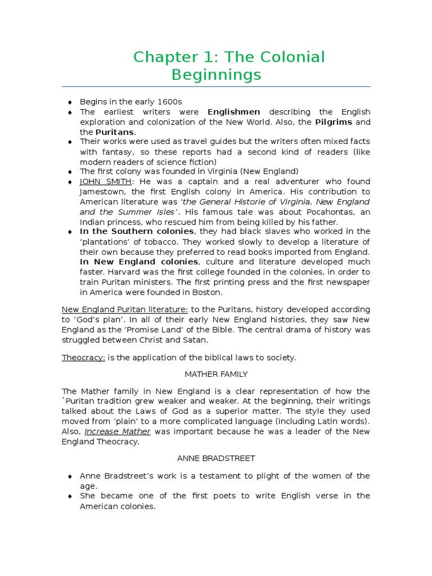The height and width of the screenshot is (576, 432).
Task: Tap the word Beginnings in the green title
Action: pos(216,74)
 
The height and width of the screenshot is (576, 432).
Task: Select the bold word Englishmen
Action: pos(234,112)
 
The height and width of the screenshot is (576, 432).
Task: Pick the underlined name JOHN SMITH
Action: pos(105,181)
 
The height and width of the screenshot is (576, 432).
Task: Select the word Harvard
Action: pos(98,272)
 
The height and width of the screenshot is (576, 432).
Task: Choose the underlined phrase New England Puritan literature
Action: pos(125,309)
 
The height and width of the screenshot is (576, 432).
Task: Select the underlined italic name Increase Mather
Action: pos(118,431)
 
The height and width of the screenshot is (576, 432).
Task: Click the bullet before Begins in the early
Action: pos(70,102)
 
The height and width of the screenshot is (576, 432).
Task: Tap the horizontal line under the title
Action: pos(216,87)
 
